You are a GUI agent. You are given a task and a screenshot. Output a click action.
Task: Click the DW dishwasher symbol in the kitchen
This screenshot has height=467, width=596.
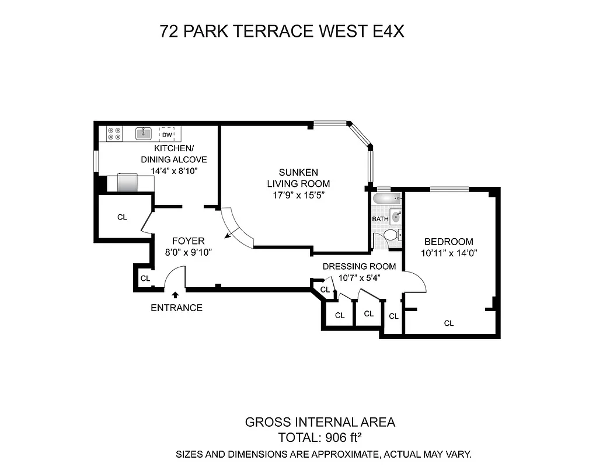point(166,134)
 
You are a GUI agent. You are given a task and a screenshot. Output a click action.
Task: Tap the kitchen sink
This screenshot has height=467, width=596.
point(144,134)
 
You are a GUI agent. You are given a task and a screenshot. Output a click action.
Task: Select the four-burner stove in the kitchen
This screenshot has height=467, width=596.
point(114,134)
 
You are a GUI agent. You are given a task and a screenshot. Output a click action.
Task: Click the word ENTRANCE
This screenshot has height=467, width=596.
point(176,308)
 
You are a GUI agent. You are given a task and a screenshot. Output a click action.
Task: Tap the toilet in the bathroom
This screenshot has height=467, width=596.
point(391,235)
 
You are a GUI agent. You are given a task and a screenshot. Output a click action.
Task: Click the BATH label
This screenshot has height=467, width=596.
point(381,219)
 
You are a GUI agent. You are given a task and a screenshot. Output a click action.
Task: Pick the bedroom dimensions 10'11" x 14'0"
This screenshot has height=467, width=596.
point(448,253)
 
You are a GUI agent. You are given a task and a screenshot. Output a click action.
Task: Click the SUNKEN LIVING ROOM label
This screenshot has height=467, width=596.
point(298,177)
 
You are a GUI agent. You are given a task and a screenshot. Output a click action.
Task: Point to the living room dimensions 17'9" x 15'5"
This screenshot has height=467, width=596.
point(298,195)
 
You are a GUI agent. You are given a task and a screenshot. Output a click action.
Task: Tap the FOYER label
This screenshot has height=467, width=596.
point(188,241)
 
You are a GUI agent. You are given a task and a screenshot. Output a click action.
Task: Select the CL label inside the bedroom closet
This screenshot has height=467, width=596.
point(448,323)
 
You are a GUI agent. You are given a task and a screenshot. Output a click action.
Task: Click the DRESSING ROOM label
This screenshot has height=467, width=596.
point(359,266)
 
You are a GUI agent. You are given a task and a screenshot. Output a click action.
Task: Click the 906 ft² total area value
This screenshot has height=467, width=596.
point(341,437)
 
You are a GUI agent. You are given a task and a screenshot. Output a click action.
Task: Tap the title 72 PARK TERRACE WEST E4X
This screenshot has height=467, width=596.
point(282,32)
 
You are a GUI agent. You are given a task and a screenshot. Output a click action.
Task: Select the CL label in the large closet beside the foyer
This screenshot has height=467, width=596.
point(122,217)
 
